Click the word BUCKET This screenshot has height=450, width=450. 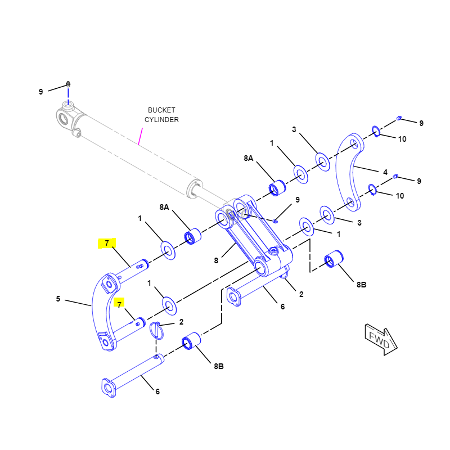click(x=161, y=110)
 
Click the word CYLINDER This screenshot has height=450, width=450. click(x=161, y=119)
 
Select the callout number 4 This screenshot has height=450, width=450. click(x=385, y=172)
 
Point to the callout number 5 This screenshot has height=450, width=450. click(x=58, y=299)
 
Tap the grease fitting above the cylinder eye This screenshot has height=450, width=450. click(x=68, y=84)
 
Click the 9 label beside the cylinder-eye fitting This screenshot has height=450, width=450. click(x=40, y=92)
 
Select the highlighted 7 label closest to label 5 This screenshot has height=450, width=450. click(x=119, y=304)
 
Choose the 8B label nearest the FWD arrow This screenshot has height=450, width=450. click(x=361, y=285)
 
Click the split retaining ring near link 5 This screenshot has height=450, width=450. click(x=156, y=330)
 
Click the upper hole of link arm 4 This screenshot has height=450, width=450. click(x=354, y=144)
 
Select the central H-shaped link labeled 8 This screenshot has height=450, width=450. click(x=247, y=236)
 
